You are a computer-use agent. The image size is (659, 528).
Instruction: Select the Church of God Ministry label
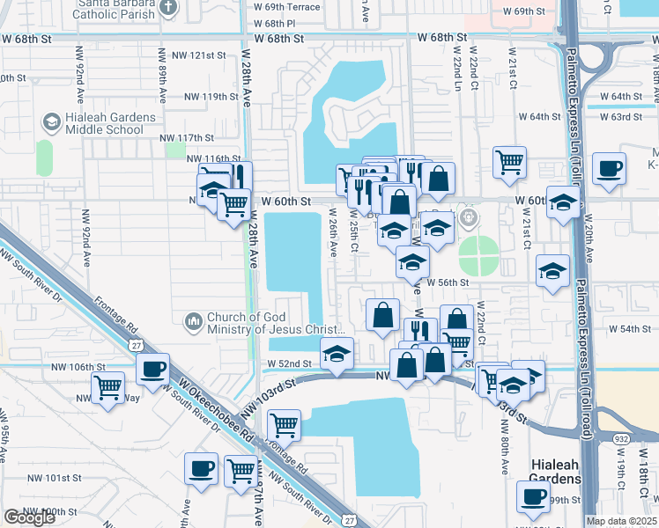[271, 324]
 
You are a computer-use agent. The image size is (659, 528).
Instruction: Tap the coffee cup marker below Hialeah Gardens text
[534, 497]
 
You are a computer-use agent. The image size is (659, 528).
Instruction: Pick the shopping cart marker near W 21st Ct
[509, 163]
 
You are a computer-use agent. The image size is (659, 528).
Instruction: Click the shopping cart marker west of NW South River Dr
[108, 386]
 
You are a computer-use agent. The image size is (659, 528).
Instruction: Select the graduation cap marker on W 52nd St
[335, 355]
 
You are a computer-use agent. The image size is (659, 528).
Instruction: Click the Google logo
[29, 517]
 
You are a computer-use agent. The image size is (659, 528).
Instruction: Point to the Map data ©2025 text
[622, 521]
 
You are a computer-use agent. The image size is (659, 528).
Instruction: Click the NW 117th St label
[187, 138]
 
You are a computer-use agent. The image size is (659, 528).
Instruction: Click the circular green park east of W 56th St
[478, 256]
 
